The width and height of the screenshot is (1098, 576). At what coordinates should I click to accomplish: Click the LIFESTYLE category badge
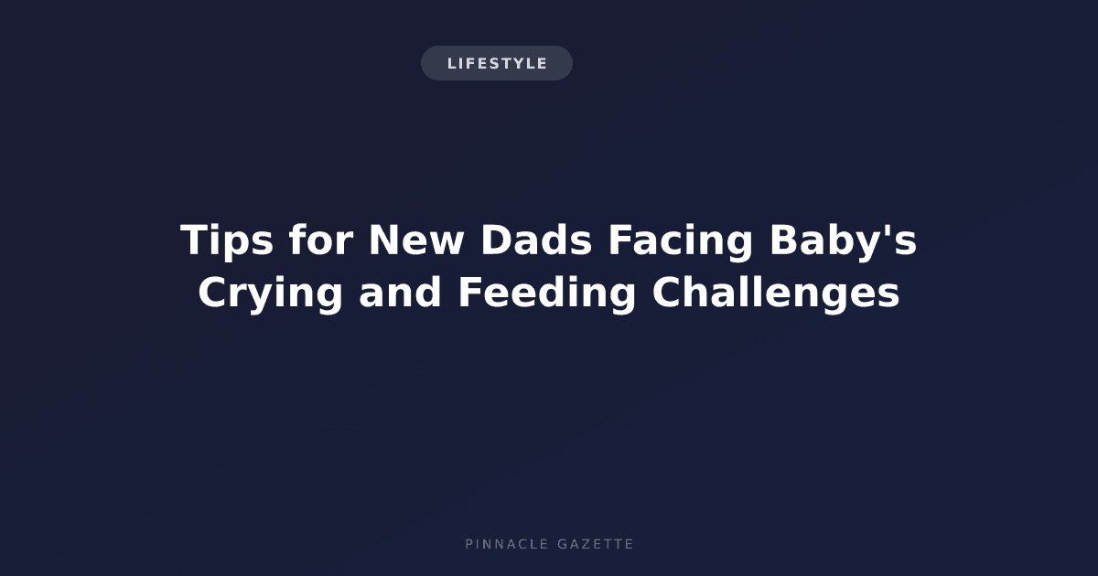tap(497, 63)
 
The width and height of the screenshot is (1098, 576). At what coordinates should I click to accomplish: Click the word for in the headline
tap(321, 240)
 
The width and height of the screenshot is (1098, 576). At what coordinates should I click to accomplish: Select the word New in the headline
tap(415, 240)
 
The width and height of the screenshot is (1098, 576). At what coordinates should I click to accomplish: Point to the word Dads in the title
tap(536, 240)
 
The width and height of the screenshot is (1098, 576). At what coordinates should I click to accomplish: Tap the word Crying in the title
tap(270, 293)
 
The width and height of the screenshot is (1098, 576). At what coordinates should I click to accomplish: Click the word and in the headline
tap(400, 293)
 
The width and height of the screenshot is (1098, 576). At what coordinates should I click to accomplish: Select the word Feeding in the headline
tap(546, 293)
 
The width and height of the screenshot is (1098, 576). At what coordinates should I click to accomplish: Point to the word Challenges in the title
tap(776, 293)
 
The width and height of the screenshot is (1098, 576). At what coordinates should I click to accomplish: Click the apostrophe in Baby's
tap(889, 230)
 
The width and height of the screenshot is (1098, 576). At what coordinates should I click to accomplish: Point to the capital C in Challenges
tap(667, 293)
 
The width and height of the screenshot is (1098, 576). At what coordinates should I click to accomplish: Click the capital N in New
tap(385, 240)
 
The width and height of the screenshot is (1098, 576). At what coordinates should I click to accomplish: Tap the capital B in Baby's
tap(784, 240)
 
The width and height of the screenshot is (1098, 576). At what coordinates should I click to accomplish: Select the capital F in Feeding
tap(470, 293)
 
